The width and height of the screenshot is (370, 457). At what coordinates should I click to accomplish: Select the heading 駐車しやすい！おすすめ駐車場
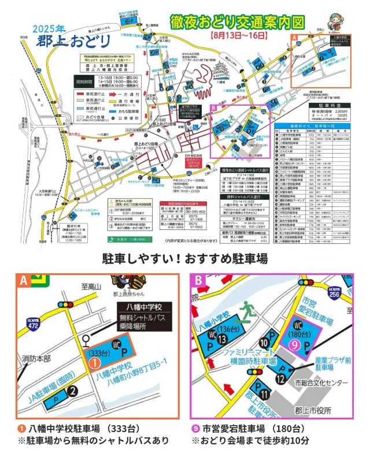(185, 258)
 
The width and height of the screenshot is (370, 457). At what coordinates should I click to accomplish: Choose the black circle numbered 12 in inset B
(281, 379)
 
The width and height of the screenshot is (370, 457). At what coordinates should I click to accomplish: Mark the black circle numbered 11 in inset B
(263, 395)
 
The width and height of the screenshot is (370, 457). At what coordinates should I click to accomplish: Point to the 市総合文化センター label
(321, 383)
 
